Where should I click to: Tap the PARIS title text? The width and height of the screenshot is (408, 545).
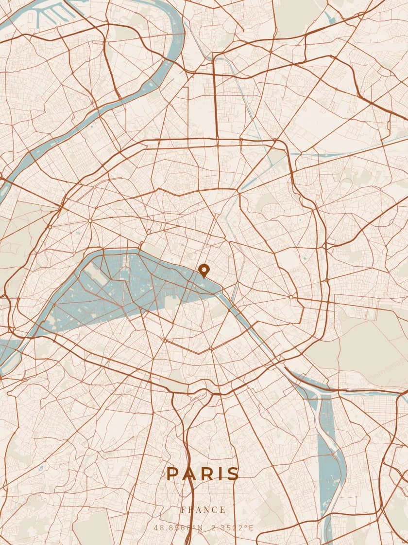tap(203, 473)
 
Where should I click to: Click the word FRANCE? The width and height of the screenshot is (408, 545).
tap(203, 510)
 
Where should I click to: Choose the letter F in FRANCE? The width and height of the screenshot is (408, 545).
tap(183, 510)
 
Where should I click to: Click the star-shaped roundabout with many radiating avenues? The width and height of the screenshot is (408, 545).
tap(90, 221)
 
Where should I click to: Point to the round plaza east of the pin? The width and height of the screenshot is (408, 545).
tap(291, 297)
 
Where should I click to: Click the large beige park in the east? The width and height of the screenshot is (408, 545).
tap(369, 350)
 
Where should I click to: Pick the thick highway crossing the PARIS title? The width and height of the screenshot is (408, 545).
tap(191, 467)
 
